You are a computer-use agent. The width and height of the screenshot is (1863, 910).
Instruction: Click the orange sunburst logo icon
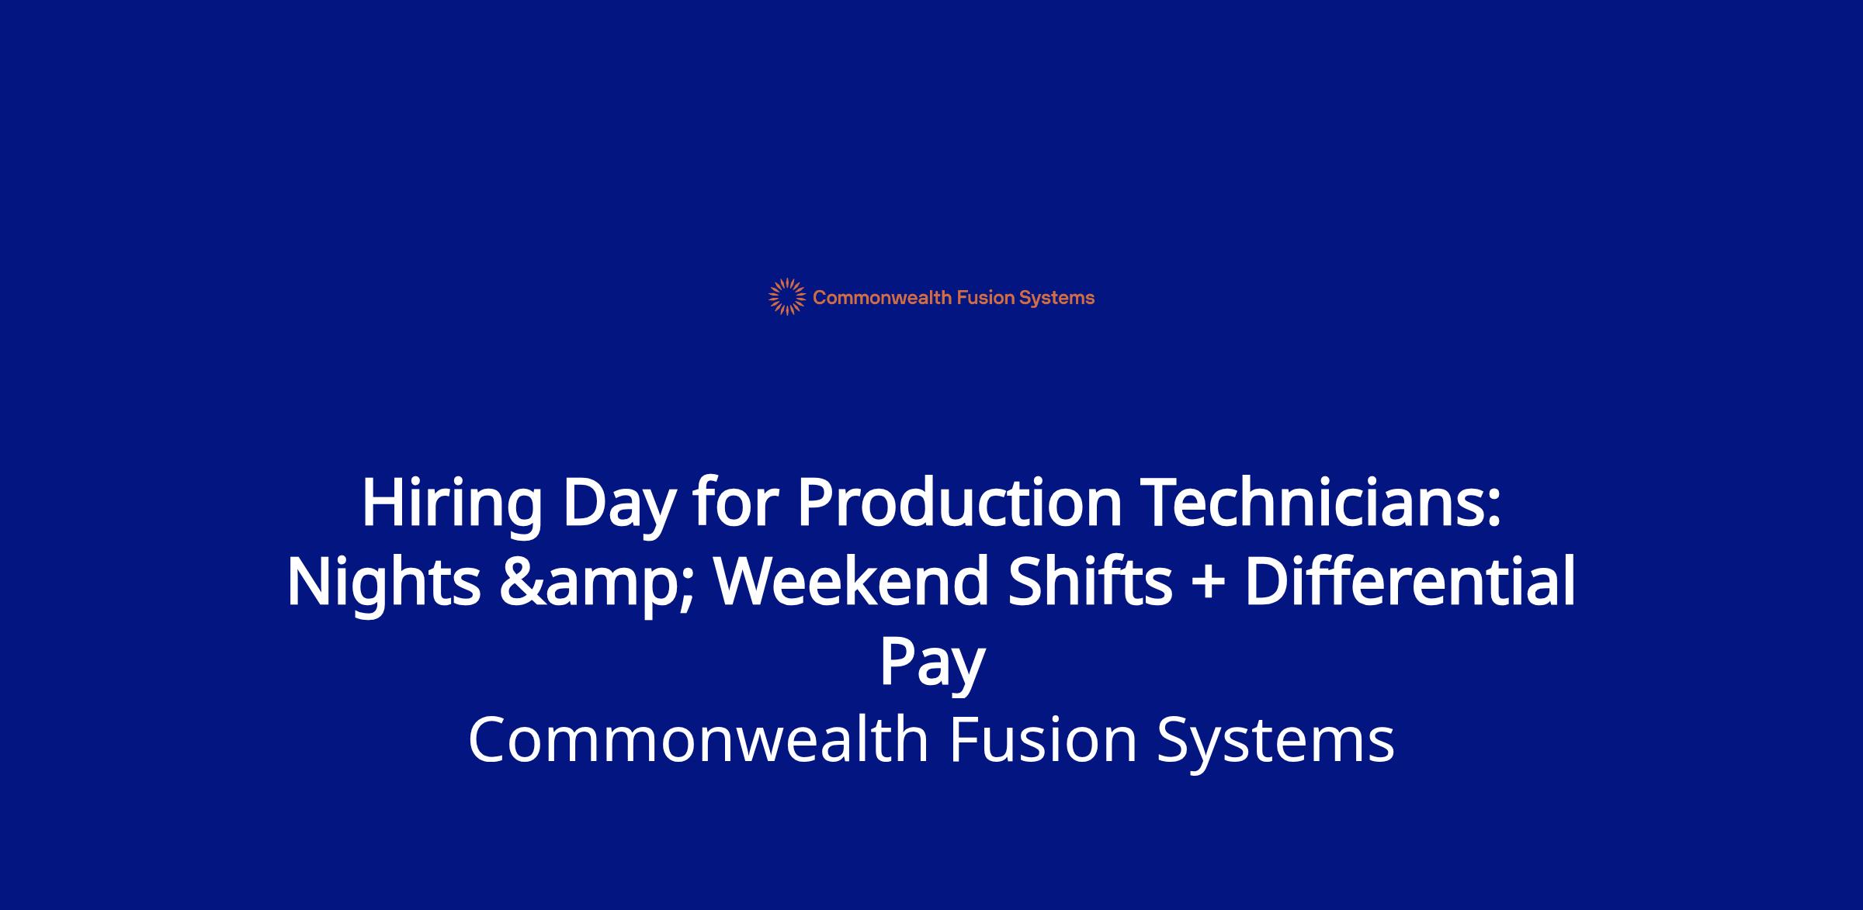coord(787,297)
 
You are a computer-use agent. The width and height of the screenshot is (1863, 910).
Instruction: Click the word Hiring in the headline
coord(452,504)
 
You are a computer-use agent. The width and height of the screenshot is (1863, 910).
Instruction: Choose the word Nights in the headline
coord(384,583)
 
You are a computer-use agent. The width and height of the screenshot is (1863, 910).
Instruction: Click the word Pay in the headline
coord(931,665)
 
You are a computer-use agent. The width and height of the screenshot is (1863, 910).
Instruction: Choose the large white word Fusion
coord(1043,739)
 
